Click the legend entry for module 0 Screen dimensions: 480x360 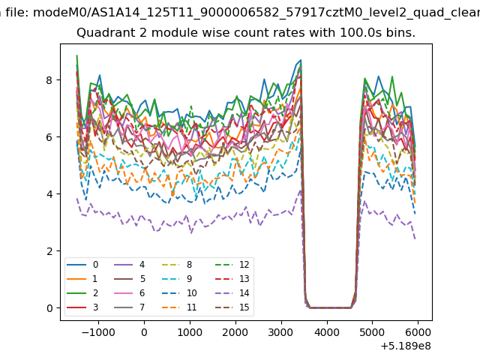point(82,265)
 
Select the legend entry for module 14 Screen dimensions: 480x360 point(232,293)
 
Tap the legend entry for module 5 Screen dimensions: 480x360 point(130,279)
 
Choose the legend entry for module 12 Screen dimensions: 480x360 point(232,265)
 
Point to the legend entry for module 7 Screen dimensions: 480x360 point(130,307)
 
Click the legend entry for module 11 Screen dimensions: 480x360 point(179,307)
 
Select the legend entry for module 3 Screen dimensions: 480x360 point(82,307)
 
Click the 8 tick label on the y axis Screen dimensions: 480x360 point(49,80)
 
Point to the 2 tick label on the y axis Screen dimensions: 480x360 point(49,251)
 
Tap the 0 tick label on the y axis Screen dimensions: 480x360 point(49,308)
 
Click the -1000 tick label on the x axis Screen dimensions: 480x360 point(98,332)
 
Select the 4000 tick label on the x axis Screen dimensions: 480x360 point(327,332)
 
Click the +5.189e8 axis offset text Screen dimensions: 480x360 point(406,346)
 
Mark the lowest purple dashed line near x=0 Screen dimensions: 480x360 point(144,218)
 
